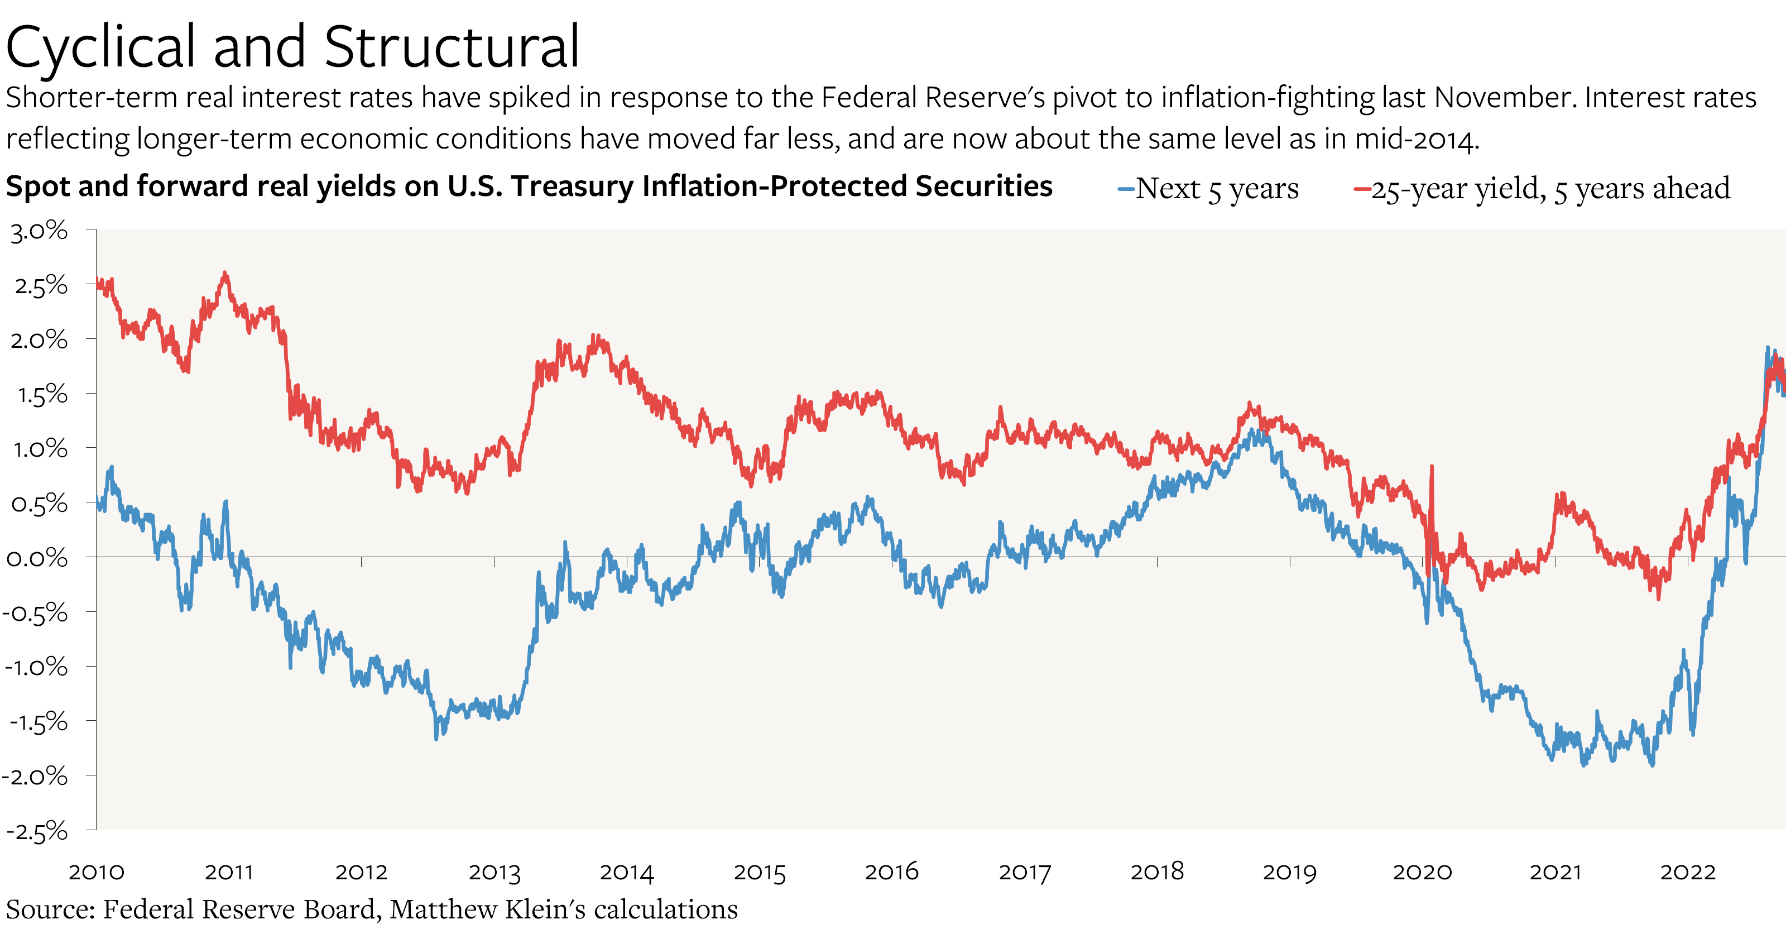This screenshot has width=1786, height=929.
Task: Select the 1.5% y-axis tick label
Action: tap(42, 395)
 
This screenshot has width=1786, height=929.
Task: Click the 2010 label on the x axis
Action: tap(97, 872)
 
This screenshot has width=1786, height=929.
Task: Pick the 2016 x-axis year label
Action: tap(892, 872)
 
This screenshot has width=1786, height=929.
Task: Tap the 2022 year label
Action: tap(1688, 872)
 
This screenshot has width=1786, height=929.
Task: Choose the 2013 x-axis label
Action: tap(494, 872)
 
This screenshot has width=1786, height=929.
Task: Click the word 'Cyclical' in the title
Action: tap(100, 47)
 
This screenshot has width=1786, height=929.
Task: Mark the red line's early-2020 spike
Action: tap(1432, 467)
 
